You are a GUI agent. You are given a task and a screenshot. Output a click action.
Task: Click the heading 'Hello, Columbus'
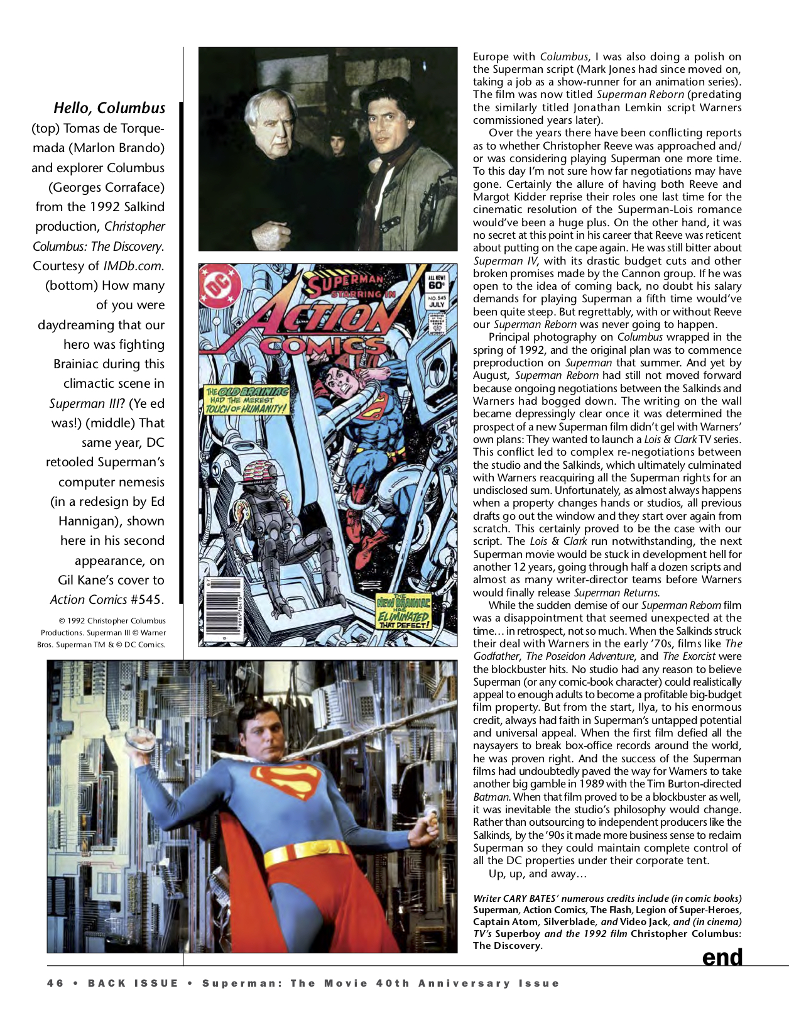[109, 108]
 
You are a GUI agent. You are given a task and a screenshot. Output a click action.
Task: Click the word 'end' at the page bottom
[722, 958]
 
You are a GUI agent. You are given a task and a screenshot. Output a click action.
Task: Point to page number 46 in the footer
[55, 984]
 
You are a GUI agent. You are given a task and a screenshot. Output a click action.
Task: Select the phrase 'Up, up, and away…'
[538, 874]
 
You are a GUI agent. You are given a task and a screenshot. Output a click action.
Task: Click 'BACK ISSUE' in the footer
[133, 984]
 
